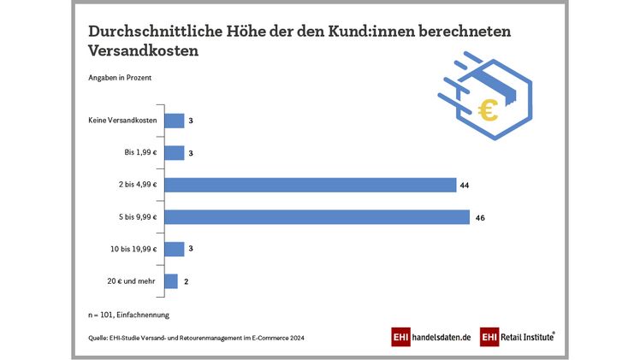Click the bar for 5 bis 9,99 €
click(x=317, y=217)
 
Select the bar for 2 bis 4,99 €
click(x=309, y=185)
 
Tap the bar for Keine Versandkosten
click(x=174, y=121)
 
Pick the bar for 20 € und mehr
click(x=170, y=281)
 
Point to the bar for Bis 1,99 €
click(x=174, y=153)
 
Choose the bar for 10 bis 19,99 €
click(x=174, y=249)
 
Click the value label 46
click(x=481, y=217)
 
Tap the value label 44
click(x=465, y=185)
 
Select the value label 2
click(x=186, y=281)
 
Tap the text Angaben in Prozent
click(x=120, y=78)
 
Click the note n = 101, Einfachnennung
click(x=128, y=315)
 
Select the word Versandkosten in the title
click(x=143, y=51)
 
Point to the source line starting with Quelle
click(x=196, y=338)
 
